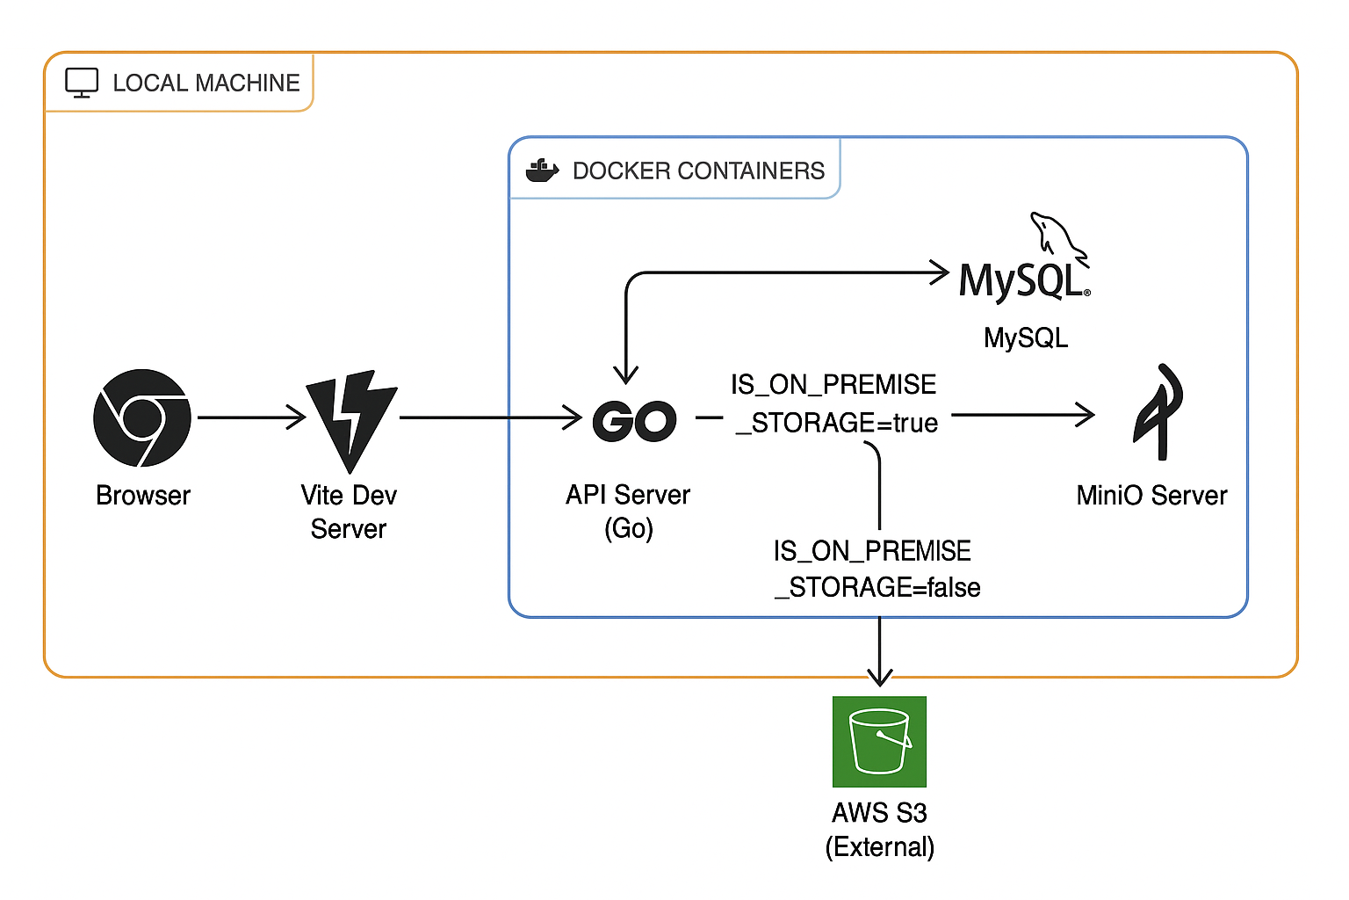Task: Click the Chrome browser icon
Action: (142, 417)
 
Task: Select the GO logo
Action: (634, 421)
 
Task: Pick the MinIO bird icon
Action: (1158, 412)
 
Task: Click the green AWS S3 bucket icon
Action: (879, 742)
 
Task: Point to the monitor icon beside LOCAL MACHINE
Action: (82, 83)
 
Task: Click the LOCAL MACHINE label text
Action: (206, 83)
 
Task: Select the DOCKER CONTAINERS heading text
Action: (698, 171)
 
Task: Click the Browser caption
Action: (143, 496)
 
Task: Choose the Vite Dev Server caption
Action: (349, 512)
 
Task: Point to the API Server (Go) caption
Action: (628, 512)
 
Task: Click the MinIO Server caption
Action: (1151, 496)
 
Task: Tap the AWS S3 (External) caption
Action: (879, 830)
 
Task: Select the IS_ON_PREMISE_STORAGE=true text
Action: (834, 404)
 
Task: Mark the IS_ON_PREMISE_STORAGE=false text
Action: (876, 569)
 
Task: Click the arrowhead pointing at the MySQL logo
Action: (940, 272)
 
